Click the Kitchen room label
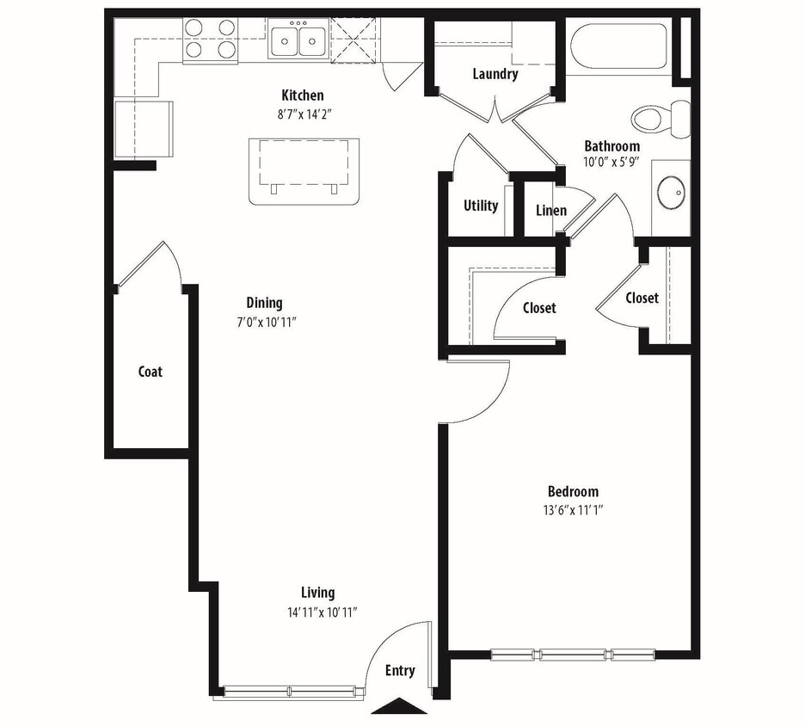(x=303, y=95)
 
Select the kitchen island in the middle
(x=303, y=170)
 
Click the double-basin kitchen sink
(x=297, y=40)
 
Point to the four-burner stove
(x=210, y=40)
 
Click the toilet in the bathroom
(x=661, y=117)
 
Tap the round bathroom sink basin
(x=671, y=192)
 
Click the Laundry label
(x=495, y=74)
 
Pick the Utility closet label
(x=481, y=206)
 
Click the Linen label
(x=550, y=211)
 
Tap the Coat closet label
(x=151, y=372)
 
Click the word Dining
(x=264, y=303)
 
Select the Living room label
(x=317, y=593)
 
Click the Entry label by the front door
(x=400, y=671)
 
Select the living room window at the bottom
(x=290, y=691)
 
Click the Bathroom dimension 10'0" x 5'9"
(x=612, y=161)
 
